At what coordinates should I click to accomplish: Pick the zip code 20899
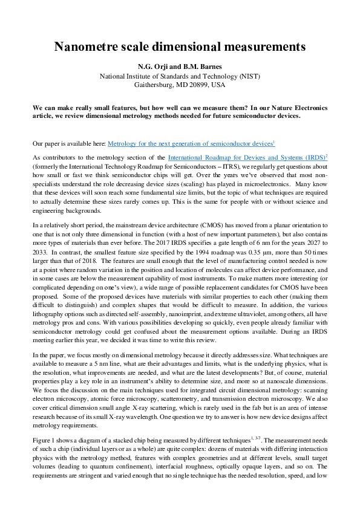click(x=200, y=85)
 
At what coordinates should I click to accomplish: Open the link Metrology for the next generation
click(x=190, y=143)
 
